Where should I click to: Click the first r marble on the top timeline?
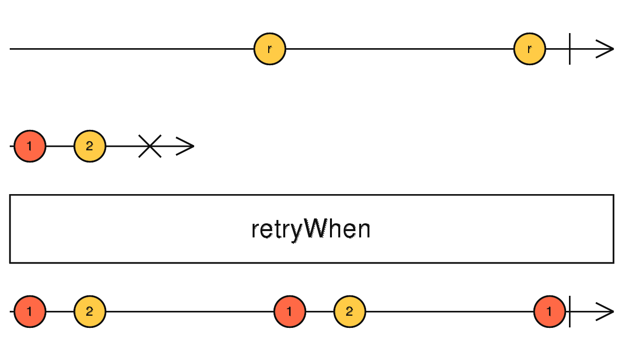(x=270, y=49)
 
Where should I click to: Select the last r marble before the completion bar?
(x=530, y=49)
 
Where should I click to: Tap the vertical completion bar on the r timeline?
(x=569, y=49)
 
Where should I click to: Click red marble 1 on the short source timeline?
(x=30, y=146)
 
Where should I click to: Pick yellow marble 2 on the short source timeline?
(x=90, y=146)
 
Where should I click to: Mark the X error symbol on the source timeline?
(x=150, y=146)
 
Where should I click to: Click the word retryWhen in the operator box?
(x=311, y=229)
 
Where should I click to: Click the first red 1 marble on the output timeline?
(x=30, y=311)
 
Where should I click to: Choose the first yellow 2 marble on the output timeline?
(x=90, y=311)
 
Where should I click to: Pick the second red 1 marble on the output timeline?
(x=290, y=311)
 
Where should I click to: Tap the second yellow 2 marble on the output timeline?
(x=349, y=311)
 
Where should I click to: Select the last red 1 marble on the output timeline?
(x=550, y=311)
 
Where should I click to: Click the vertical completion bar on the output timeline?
(x=569, y=311)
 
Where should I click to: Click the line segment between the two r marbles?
(x=399, y=49)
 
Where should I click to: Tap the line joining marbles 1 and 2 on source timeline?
(x=60, y=146)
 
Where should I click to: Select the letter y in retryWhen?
(x=296, y=231)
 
